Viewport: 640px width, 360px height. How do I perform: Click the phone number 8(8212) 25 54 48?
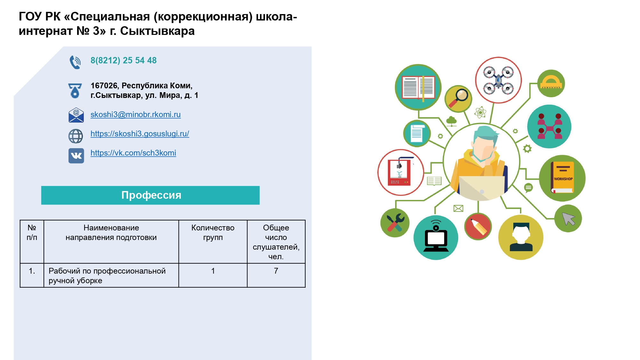(x=124, y=60)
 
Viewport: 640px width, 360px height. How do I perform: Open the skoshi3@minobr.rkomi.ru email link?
(x=136, y=115)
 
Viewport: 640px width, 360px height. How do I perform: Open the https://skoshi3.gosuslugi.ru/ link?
(x=140, y=134)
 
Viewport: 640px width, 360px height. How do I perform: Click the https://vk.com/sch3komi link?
(x=133, y=153)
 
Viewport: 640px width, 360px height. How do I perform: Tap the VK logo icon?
(x=76, y=156)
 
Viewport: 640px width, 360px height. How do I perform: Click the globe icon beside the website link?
(x=76, y=136)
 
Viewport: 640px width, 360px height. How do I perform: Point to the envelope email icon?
(x=76, y=115)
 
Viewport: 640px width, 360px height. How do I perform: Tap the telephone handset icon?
(x=75, y=62)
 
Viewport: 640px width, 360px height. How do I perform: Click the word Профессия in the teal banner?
(x=151, y=195)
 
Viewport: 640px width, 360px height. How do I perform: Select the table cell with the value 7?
(x=276, y=275)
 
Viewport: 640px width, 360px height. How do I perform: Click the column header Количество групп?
(x=213, y=233)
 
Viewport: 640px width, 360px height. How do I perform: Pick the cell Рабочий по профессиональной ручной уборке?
(x=111, y=275)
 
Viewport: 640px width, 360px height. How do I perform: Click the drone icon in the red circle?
(x=498, y=80)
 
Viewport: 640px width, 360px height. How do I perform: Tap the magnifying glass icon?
(x=458, y=99)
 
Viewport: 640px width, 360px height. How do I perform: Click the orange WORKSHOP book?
(x=562, y=178)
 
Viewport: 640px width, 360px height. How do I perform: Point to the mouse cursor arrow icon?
(x=568, y=219)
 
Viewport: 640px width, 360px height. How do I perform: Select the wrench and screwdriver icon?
(x=395, y=223)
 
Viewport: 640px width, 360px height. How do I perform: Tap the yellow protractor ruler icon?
(x=551, y=83)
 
